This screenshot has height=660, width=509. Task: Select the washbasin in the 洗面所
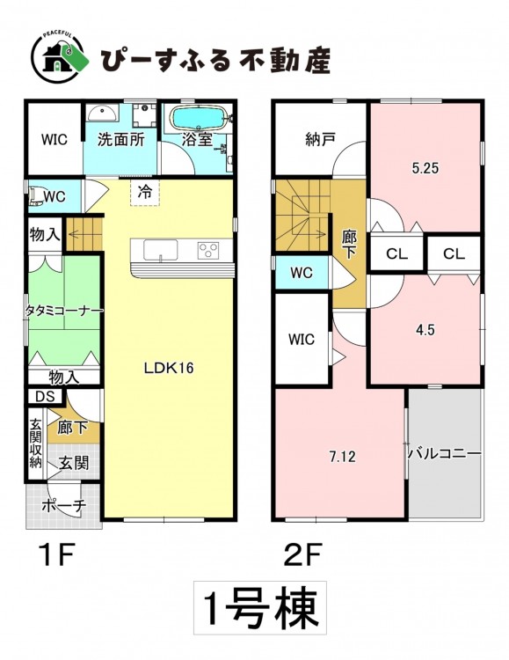[103, 113]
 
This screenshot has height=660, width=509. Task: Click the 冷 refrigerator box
[145, 193]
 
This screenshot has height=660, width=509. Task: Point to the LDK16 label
[169, 368]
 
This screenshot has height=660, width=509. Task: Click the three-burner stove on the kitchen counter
[208, 251]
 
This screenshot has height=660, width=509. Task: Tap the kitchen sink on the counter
[161, 250]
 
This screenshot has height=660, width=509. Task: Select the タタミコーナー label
[64, 311]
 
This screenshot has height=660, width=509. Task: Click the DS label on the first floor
[45, 397]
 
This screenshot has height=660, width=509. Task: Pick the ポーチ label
[64, 505]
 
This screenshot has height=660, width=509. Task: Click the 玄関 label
[74, 463]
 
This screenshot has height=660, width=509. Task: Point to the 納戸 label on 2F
[321, 139]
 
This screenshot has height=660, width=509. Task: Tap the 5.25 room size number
[425, 168]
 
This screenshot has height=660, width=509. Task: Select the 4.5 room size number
[425, 330]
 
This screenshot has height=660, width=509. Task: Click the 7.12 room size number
[343, 456]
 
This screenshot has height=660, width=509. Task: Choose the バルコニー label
[445, 454]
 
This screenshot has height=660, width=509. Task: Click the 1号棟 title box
[260, 608]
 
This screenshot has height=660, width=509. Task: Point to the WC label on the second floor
[302, 273]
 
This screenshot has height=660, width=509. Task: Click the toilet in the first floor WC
[35, 196]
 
